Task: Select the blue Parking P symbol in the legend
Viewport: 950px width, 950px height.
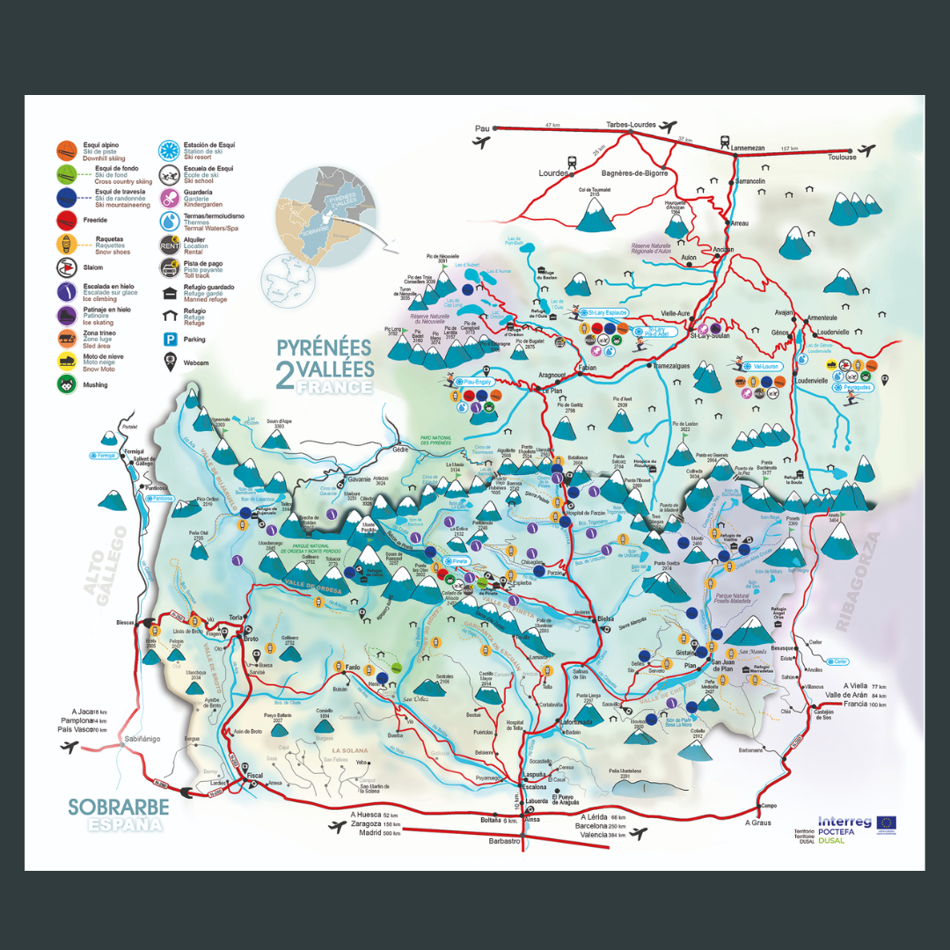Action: point(166,339)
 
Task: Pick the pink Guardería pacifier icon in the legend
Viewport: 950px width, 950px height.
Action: point(167,198)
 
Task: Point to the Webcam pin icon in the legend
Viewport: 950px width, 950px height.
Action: point(166,360)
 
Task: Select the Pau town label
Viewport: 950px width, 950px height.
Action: point(481,128)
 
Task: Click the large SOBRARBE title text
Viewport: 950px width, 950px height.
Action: point(119,807)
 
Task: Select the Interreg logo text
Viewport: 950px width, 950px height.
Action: point(844,822)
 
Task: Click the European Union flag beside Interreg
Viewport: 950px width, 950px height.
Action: point(887,822)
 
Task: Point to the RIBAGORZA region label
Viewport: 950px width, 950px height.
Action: point(858,582)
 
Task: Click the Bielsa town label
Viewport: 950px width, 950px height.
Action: point(605,619)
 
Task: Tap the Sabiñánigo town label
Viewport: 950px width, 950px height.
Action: point(142,739)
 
